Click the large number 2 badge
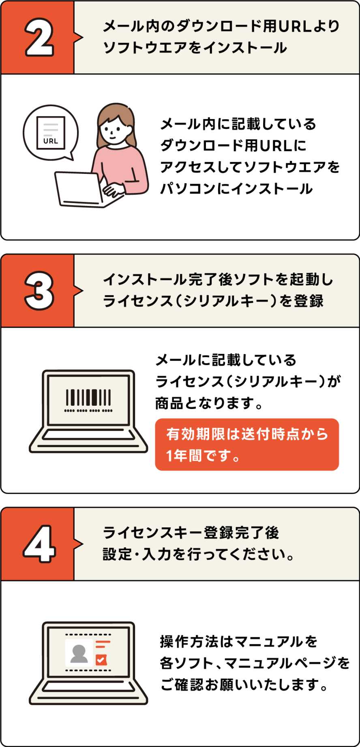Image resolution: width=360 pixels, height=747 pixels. coord(39,37)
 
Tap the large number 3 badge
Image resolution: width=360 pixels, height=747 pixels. coord(39,291)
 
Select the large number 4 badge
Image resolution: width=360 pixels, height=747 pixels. coord(39,544)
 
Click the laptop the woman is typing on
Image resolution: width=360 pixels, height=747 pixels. coord(85,190)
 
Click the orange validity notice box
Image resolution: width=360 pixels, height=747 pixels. coord(247,445)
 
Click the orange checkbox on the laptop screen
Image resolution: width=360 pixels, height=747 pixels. coord(101,660)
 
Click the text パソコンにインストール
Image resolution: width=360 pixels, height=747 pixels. coord(236,188)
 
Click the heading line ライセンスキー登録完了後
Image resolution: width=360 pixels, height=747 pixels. coord(191,533)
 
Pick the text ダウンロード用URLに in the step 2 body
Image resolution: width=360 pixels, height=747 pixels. coord(233,145)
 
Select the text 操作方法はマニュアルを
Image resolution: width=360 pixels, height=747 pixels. coord(239,642)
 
